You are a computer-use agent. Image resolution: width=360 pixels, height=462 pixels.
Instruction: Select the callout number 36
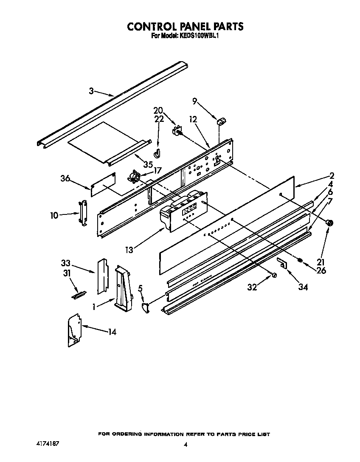(x=65, y=179)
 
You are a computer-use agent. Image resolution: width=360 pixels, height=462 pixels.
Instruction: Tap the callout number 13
(x=129, y=250)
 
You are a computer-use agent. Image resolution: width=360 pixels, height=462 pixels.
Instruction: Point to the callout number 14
(x=112, y=332)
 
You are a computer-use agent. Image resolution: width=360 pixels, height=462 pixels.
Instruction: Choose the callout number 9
(x=195, y=101)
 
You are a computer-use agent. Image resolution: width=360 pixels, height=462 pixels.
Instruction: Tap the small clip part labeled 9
(x=221, y=122)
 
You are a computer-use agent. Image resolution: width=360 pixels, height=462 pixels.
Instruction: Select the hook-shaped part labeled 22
(x=157, y=152)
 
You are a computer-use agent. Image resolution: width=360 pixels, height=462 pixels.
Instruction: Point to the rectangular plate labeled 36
(x=104, y=183)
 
